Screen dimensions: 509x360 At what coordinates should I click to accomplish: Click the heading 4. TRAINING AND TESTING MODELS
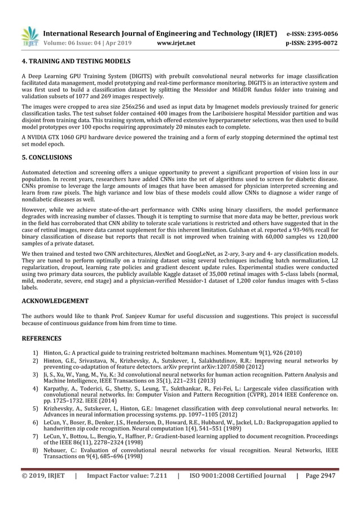76,61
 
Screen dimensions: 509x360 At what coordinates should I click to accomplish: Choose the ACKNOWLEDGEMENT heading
55,301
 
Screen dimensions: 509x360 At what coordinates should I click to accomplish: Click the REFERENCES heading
42,339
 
